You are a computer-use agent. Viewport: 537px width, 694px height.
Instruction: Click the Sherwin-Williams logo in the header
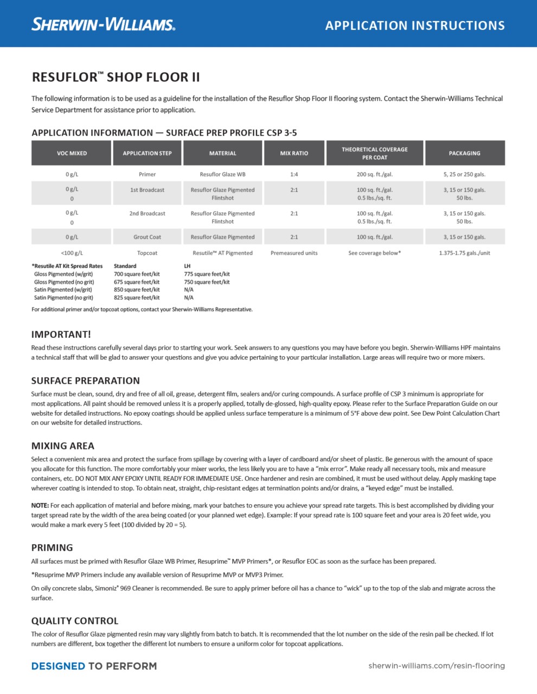pyautogui.click(x=103, y=24)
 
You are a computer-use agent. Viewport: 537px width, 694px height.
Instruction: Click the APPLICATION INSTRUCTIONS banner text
pyautogui.click(x=415, y=25)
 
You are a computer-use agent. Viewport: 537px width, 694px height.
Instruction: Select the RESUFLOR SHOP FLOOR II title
pyautogui.click(x=116, y=77)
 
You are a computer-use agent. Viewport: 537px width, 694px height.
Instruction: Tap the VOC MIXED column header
pyautogui.click(x=72, y=153)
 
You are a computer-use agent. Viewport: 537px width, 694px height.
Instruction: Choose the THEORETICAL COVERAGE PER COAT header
pyautogui.click(x=374, y=153)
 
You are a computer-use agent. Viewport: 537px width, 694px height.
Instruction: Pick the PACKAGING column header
pyautogui.click(x=464, y=153)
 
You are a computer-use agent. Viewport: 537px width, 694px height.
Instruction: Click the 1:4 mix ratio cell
pyautogui.click(x=294, y=175)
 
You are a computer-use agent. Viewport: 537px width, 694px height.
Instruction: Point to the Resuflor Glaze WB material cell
pyautogui.click(x=222, y=175)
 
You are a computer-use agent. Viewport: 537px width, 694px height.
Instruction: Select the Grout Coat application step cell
pyautogui.click(x=147, y=237)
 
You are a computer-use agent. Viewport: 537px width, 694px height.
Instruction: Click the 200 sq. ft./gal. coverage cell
pyautogui.click(x=374, y=175)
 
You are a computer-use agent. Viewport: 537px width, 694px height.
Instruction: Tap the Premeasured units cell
pyautogui.click(x=294, y=253)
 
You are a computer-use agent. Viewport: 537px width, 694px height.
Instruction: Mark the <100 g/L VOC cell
pyautogui.click(x=72, y=253)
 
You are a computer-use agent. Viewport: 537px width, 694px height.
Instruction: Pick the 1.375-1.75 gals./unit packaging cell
pyautogui.click(x=464, y=253)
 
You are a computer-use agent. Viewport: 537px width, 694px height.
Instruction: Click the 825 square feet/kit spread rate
pyautogui.click(x=137, y=298)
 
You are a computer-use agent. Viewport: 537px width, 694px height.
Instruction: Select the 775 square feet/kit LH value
pyautogui.click(x=207, y=274)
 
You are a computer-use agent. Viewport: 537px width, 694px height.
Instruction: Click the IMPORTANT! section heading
pyautogui.click(x=61, y=335)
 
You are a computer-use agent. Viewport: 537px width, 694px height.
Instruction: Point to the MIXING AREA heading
pyautogui.click(x=63, y=446)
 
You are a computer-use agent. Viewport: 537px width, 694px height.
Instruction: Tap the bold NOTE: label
pyautogui.click(x=40, y=505)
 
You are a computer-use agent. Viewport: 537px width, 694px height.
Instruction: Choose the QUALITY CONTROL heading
pyautogui.click(x=75, y=621)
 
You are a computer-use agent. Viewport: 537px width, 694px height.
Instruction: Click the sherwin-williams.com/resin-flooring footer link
pyautogui.click(x=437, y=666)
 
